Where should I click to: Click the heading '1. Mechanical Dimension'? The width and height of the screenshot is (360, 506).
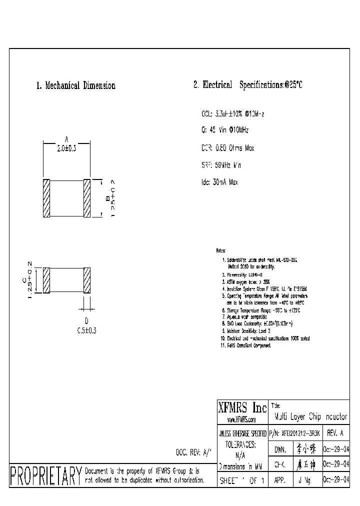click(75, 85)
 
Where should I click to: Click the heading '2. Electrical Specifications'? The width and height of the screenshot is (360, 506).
click(247, 85)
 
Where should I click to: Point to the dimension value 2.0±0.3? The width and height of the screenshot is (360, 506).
click(66, 149)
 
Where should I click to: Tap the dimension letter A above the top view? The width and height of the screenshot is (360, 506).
click(66, 139)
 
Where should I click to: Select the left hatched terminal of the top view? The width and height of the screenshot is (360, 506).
click(46, 198)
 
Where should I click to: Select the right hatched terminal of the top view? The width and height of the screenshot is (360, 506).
click(86, 198)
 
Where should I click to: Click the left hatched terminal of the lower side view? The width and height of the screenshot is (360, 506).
click(46, 280)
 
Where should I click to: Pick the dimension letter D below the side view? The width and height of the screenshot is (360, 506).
click(86, 321)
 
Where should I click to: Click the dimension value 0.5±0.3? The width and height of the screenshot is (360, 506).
click(86, 330)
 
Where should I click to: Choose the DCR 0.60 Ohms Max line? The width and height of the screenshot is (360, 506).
click(228, 148)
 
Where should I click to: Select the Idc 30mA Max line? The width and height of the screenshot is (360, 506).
click(219, 182)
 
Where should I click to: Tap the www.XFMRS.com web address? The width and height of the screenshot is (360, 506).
click(242, 420)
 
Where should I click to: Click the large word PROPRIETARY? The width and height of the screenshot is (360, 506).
click(45, 475)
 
